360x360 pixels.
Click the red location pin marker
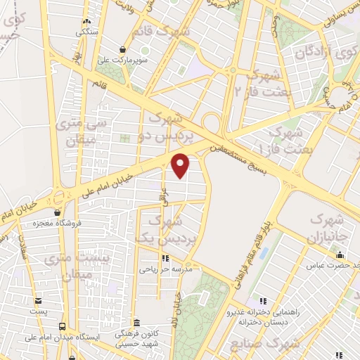181,165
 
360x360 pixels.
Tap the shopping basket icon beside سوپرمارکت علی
124,49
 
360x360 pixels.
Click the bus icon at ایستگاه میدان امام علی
63,326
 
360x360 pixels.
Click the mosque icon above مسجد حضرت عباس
340,255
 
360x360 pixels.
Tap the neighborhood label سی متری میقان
89,130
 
